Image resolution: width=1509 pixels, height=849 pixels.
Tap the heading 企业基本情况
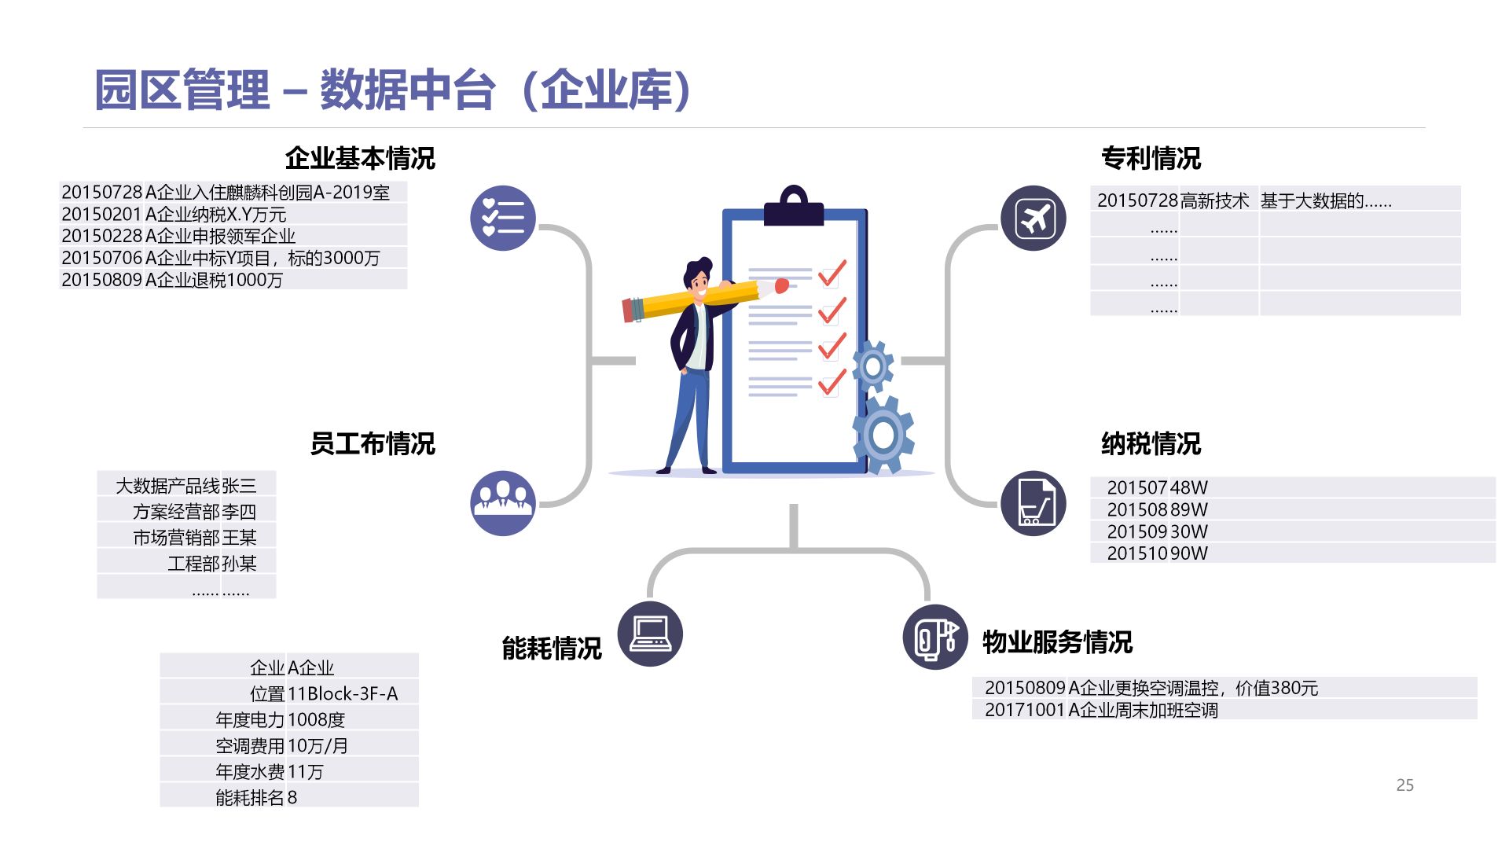point(359,158)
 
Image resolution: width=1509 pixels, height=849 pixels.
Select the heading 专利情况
point(1151,158)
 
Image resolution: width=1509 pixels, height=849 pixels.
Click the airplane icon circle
point(1034,218)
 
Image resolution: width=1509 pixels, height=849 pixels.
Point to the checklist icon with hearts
point(503,218)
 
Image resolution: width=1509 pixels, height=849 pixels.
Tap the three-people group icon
point(503,503)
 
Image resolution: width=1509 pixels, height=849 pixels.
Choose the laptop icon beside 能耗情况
point(650,634)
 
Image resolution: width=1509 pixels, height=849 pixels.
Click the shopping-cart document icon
point(1034,503)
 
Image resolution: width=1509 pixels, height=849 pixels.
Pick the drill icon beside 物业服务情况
point(935,637)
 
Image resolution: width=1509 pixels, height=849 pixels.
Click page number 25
point(1404,785)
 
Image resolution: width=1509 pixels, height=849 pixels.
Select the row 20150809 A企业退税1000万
point(172,280)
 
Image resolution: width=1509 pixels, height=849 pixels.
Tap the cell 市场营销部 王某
point(194,538)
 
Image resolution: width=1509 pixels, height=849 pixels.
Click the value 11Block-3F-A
point(343,693)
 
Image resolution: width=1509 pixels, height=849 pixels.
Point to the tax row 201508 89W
point(1157,509)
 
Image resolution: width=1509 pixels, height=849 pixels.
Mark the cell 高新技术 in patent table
point(1215,200)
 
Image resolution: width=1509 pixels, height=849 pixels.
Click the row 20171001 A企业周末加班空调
point(1101,710)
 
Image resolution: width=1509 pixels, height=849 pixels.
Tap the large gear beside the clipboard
point(883,435)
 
